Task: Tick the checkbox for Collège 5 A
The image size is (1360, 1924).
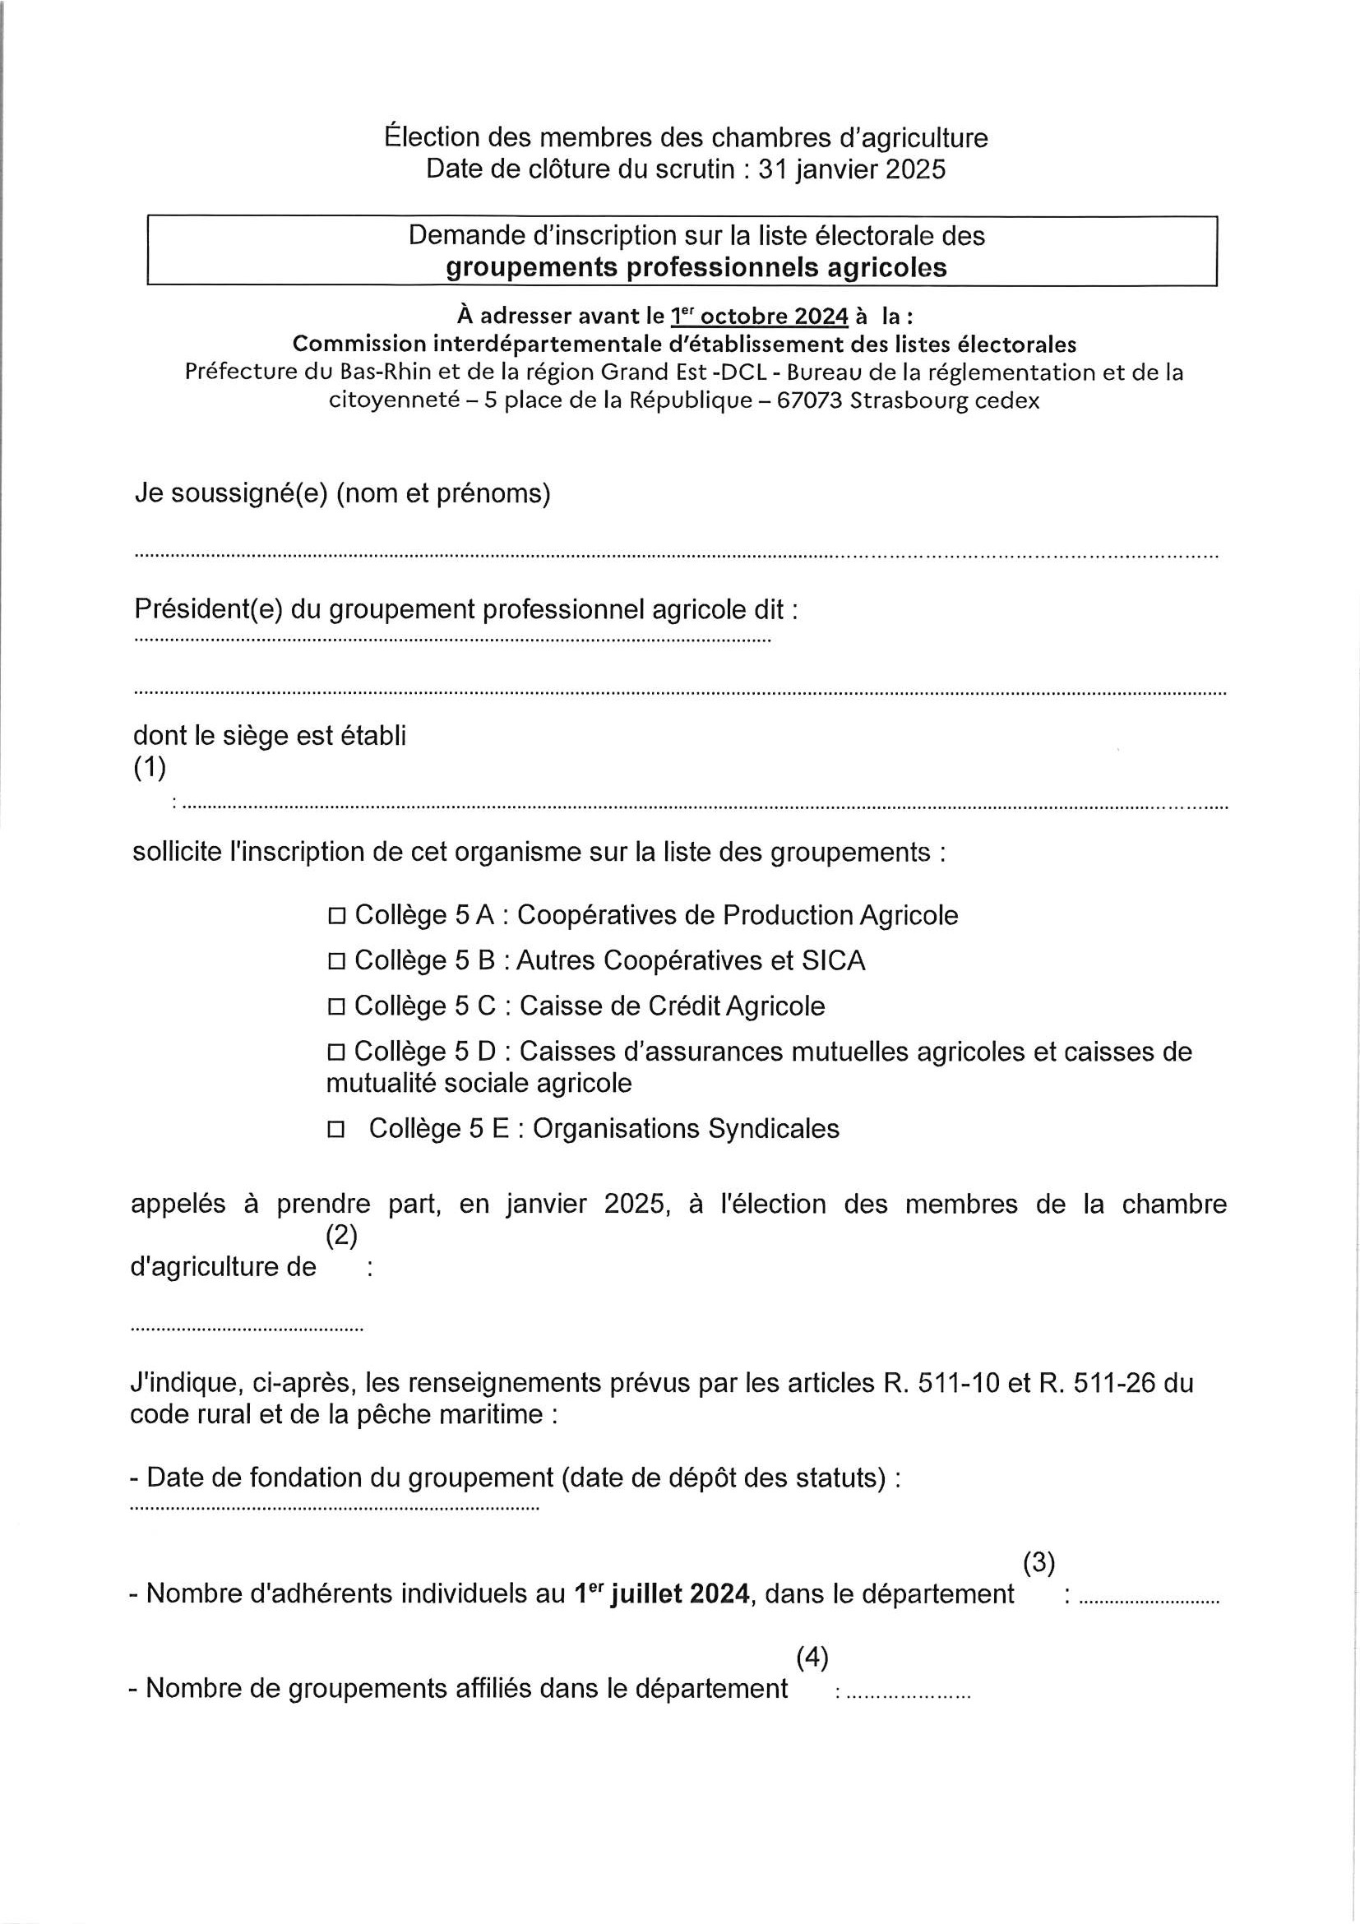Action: point(337,917)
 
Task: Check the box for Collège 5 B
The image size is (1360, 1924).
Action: point(337,962)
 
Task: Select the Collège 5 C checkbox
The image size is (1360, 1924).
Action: point(337,1007)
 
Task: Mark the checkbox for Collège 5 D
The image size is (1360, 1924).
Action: point(337,1052)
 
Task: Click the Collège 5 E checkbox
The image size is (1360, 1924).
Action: point(337,1131)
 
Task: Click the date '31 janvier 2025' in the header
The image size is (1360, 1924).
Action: point(851,169)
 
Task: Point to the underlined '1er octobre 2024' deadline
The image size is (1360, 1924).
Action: point(759,317)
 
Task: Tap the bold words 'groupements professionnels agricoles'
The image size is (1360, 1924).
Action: point(696,267)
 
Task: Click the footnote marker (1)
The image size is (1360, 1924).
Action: point(149,768)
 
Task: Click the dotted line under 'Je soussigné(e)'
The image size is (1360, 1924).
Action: point(676,556)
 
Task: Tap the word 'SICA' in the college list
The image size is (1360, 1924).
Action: point(833,960)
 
